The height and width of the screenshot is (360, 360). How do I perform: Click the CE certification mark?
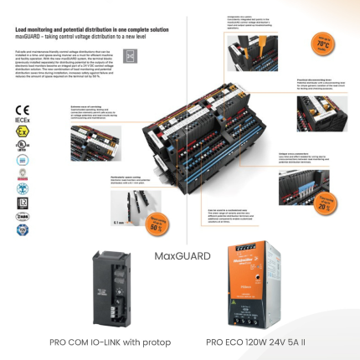(x=22, y=110)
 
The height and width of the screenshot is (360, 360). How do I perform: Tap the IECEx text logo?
(x=22, y=120)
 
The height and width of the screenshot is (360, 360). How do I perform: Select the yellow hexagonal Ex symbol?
(x=22, y=131)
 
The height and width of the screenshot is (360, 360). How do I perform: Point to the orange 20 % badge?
(x=321, y=206)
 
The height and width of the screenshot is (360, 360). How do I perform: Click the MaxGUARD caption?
(x=183, y=255)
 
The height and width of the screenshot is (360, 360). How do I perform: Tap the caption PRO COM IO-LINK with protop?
(x=110, y=342)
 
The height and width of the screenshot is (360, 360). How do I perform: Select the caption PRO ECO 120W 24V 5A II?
(x=255, y=342)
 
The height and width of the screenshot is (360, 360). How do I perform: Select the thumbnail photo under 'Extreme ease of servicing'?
(x=95, y=143)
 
